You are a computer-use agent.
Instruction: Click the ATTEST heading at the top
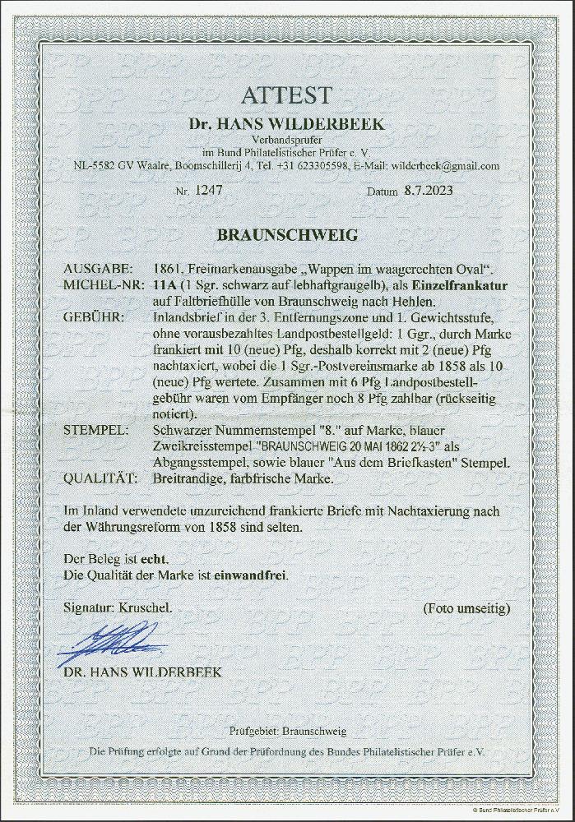click(287, 96)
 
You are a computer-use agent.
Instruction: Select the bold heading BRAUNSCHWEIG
click(286, 235)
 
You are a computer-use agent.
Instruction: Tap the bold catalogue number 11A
click(165, 284)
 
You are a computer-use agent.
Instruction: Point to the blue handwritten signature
click(111, 641)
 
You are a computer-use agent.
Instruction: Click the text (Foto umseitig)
click(466, 608)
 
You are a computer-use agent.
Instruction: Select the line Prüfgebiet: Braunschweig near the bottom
click(287, 731)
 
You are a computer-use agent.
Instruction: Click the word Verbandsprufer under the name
click(287, 139)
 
